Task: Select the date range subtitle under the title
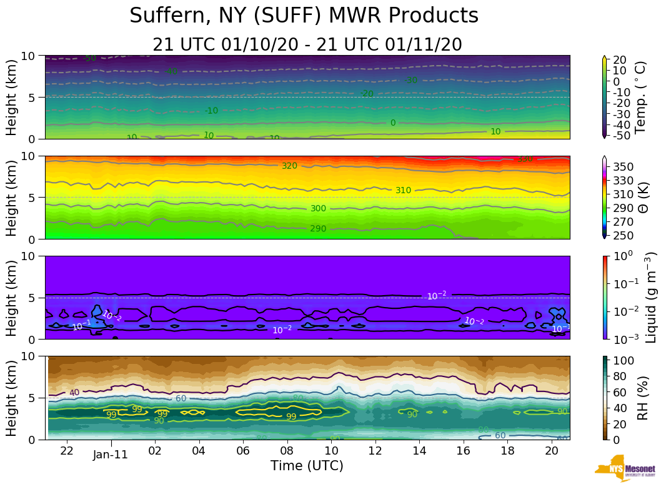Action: click(307, 44)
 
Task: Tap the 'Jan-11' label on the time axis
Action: click(111, 455)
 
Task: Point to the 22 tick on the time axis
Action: click(67, 451)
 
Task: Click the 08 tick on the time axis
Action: click(287, 451)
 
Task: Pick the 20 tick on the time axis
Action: click(551, 451)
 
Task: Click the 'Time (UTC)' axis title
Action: click(307, 466)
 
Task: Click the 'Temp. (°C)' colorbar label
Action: click(640, 97)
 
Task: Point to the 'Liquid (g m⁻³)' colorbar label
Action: click(650, 297)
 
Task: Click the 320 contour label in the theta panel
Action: click(289, 166)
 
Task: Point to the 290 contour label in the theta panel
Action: click(318, 229)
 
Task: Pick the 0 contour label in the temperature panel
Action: click(393, 123)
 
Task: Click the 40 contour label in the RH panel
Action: click(74, 393)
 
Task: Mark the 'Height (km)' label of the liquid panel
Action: click(12, 297)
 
